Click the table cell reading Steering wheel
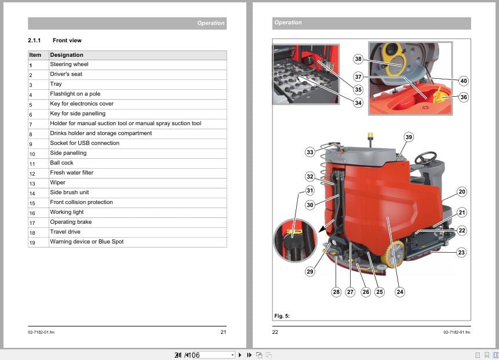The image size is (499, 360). [x=69, y=64]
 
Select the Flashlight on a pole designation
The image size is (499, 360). [x=76, y=94]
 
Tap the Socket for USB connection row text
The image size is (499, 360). [x=85, y=143]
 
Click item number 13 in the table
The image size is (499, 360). [x=32, y=183]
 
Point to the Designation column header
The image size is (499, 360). [x=67, y=55]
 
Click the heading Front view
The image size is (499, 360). [x=67, y=41]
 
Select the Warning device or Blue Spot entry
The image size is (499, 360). [x=86, y=242]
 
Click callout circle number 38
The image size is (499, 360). [x=358, y=59]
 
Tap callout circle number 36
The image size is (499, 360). [x=463, y=97]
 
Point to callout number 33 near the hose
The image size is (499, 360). [x=309, y=152]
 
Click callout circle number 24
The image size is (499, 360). [x=400, y=292]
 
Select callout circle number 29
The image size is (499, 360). [x=310, y=271]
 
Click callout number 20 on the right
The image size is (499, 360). [x=461, y=191]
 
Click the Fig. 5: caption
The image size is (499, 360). [x=282, y=316]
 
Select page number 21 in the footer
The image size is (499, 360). [x=223, y=332]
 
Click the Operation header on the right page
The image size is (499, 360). [x=288, y=23]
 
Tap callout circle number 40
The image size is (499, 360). [x=463, y=81]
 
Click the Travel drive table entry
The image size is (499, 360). [x=65, y=232]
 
